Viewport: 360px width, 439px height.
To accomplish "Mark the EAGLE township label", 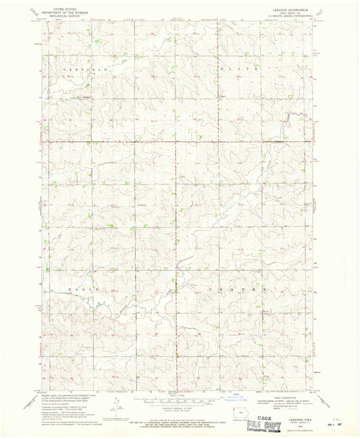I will (80, 289).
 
